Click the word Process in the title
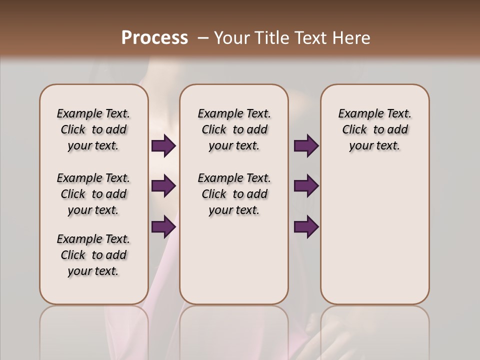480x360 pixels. [154, 38]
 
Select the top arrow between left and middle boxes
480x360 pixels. [163, 146]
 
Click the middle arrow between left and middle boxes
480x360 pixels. [163, 186]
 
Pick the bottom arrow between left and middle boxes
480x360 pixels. [163, 226]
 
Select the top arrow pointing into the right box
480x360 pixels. [306, 146]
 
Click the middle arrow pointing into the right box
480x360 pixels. [306, 186]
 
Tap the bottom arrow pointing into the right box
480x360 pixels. [306, 226]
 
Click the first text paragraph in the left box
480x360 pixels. [93, 129]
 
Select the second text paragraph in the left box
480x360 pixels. [93, 194]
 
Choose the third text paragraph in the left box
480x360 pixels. [93, 255]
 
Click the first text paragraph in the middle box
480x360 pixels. [234, 129]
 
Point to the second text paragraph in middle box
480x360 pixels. [234, 194]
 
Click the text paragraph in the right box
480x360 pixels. [374, 129]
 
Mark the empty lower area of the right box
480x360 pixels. [374, 235]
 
